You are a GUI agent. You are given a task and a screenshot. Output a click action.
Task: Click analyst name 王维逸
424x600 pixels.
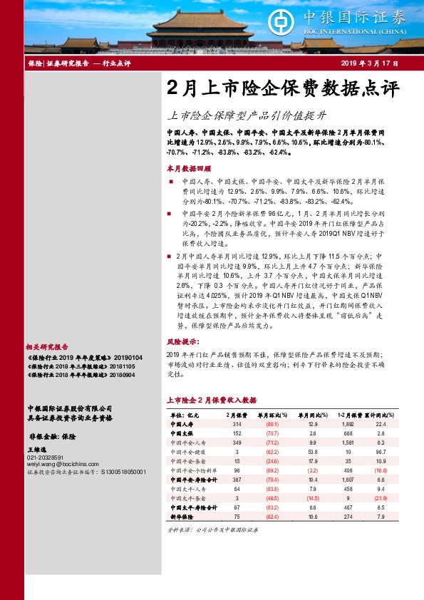click(36, 450)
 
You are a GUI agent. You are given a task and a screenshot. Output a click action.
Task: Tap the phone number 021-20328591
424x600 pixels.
click(46, 457)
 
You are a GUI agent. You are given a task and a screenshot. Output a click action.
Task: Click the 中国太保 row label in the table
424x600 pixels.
click(181, 433)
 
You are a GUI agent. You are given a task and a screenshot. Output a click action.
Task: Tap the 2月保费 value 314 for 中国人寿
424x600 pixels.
click(237, 424)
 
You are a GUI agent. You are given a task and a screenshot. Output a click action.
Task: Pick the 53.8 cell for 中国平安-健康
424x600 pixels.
click(312, 452)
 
